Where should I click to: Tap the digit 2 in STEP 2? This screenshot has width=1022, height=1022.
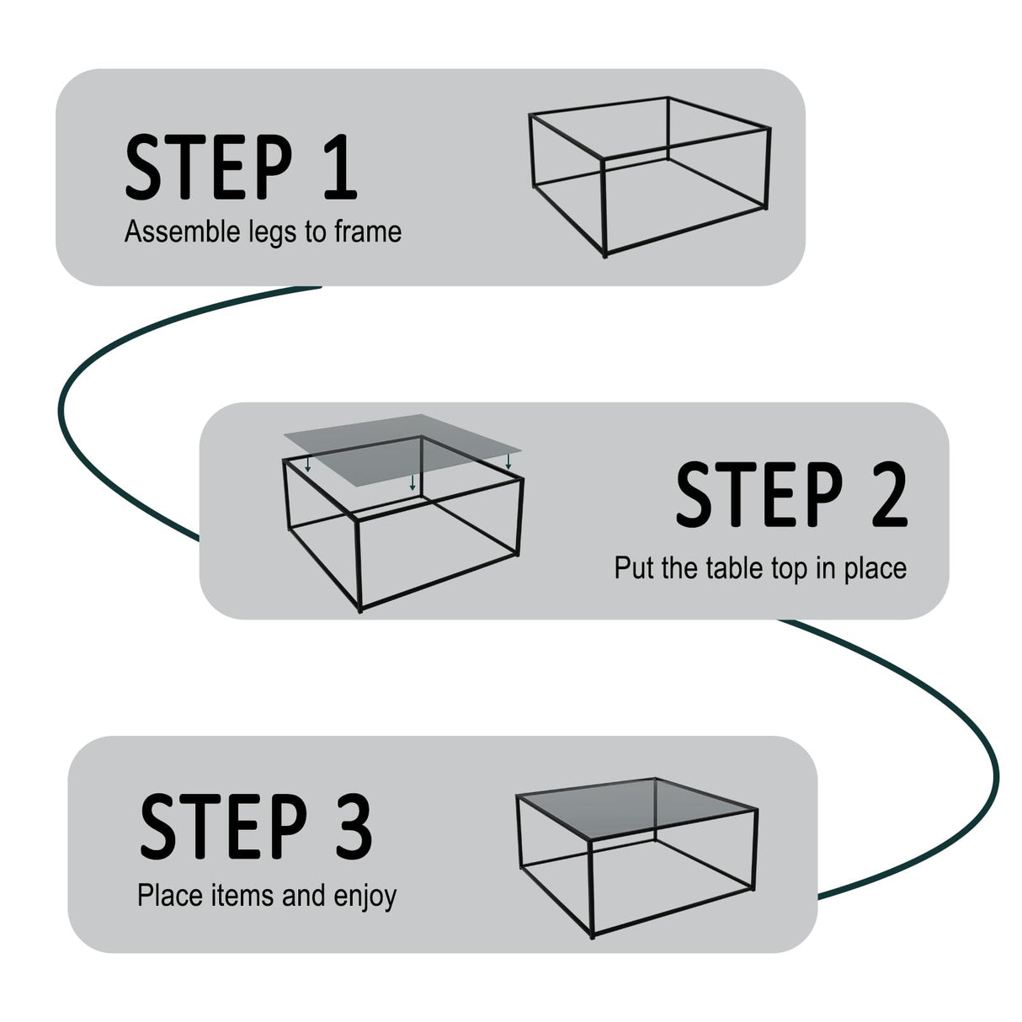click(886, 494)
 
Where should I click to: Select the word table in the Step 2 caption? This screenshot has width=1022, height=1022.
click(733, 567)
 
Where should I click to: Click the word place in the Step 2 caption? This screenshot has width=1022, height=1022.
click(875, 569)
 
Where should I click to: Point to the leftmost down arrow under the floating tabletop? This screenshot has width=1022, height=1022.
click(309, 465)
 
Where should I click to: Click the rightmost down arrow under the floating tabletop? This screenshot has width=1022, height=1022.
click(508, 462)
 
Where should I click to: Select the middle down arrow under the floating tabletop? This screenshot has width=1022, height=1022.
click(412, 482)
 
